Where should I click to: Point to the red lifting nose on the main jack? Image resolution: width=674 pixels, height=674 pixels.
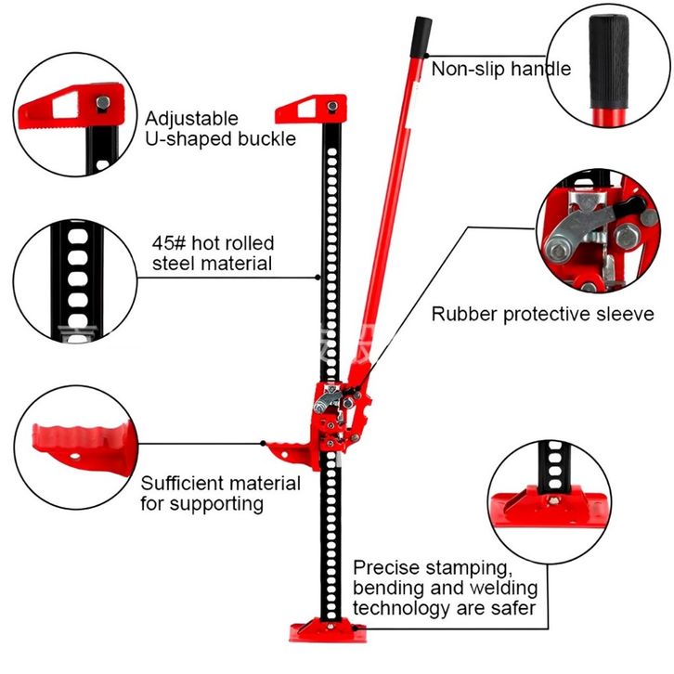click(291, 453)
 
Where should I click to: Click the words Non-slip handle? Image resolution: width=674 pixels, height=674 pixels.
click(500, 69)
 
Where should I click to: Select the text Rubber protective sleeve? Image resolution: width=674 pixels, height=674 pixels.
click(542, 314)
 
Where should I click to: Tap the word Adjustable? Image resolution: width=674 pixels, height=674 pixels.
click(191, 119)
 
